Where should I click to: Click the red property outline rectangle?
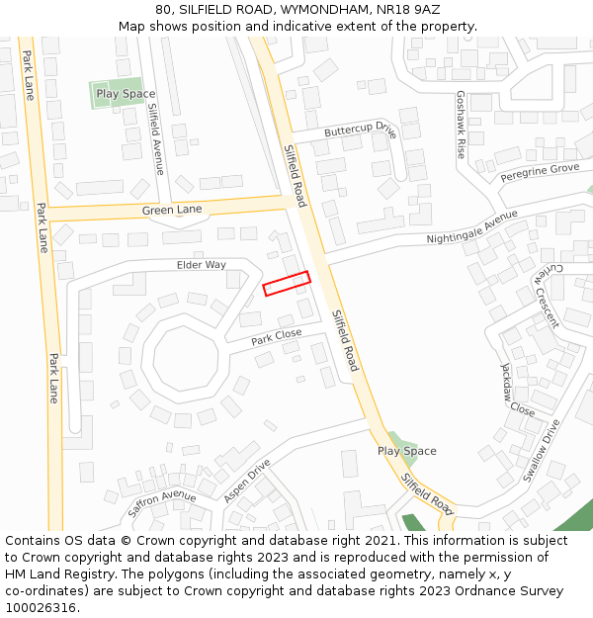[287, 283]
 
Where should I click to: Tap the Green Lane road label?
[171, 211]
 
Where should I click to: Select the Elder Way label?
[202, 265]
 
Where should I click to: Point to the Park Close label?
[276, 337]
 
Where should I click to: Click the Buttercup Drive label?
[360, 131]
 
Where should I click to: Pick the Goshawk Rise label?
[460, 125]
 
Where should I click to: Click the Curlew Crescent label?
[549, 295]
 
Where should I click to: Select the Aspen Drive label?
[247, 481]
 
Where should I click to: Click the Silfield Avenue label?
[156, 138]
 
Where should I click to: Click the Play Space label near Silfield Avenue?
[126, 94]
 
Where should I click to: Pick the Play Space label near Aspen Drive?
[406, 451]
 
